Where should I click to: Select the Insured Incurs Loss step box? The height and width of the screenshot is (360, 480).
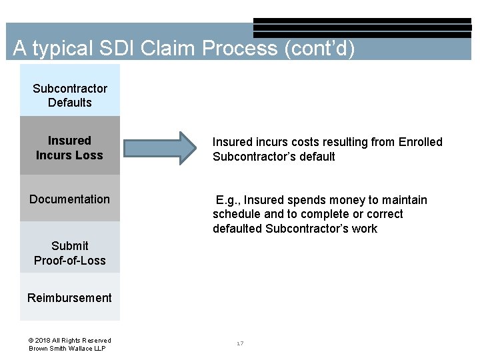coord(70,147)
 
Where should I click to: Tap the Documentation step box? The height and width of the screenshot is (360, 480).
coord(70,199)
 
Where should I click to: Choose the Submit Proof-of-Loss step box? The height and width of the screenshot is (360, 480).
coord(70,253)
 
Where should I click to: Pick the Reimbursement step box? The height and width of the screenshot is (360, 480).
coord(70,297)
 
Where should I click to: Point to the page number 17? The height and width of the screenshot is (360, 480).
coord(240,343)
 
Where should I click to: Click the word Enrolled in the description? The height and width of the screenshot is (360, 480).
coord(420,142)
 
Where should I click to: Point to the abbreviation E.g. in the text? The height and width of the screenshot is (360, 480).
coord(227,200)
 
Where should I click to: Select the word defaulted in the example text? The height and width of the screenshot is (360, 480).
coord(237,229)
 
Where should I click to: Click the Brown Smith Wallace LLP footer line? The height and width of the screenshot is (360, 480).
coord(67,349)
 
